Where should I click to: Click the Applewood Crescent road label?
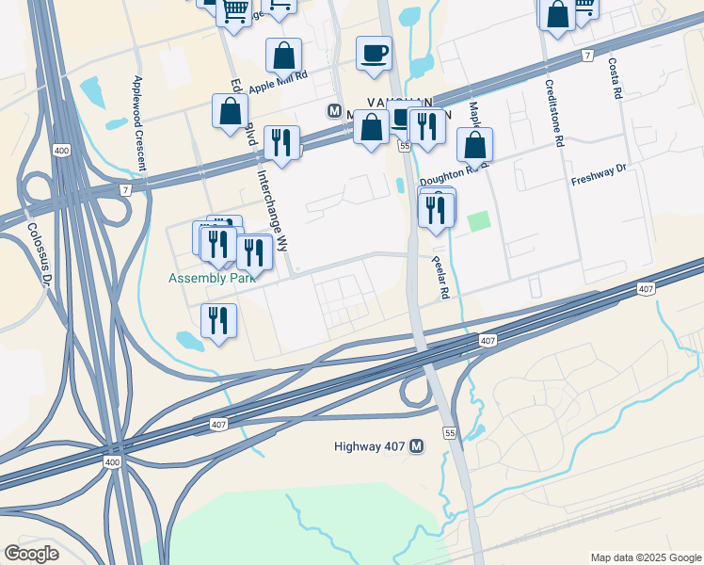(139, 122)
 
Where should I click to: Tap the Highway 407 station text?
(371, 446)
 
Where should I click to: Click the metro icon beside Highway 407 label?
(418, 446)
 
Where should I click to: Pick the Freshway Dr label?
(598, 175)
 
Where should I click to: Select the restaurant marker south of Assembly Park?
(218, 321)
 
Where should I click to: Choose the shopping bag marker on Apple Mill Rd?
(283, 56)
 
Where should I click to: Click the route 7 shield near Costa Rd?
(587, 56)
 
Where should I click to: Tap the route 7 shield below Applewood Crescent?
(125, 189)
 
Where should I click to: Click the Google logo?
(31, 554)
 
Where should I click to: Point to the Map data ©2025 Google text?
(645, 557)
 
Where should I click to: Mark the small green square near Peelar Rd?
(479, 221)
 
